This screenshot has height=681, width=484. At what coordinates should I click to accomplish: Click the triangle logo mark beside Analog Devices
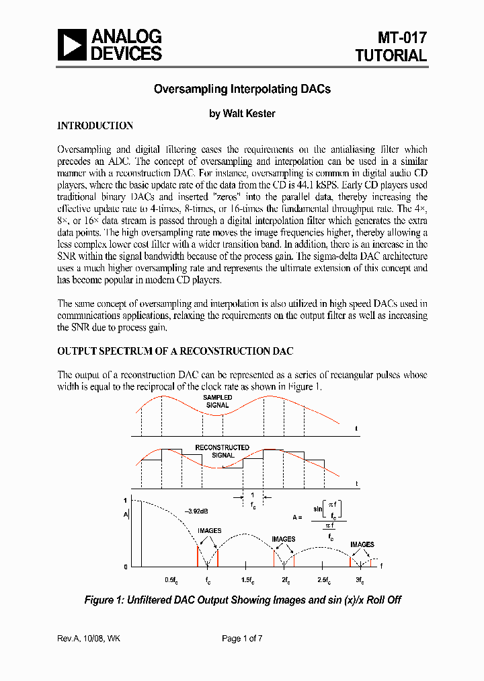[72, 45]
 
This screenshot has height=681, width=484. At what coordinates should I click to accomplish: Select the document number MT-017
[401, 38]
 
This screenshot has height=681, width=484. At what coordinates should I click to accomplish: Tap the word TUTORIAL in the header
[391, 56]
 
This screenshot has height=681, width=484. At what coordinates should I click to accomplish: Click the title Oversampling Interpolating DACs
[242, 89]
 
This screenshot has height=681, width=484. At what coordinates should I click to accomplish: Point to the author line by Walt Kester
[242, 114]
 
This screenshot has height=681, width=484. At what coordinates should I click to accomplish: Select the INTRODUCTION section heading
[95, 126]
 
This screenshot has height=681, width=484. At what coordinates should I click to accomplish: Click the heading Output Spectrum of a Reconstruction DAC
[175, 351]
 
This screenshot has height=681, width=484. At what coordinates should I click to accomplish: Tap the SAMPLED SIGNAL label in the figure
[217, 402]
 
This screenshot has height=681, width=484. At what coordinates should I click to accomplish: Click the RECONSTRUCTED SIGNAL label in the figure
[222, 451]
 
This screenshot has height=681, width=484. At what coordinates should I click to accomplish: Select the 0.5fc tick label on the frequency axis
[171, 580]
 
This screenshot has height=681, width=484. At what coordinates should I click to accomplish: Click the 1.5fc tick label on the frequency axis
[247, 580]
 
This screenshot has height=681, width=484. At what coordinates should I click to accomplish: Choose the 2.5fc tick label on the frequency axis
[324, 580]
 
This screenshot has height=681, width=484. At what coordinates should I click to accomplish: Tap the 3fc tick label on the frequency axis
[360, 580]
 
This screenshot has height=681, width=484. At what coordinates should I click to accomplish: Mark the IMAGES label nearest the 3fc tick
[362, 544]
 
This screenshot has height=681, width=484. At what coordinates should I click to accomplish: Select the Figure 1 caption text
[242, 600]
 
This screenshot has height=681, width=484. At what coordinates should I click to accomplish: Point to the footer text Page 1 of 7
[242, 639]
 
